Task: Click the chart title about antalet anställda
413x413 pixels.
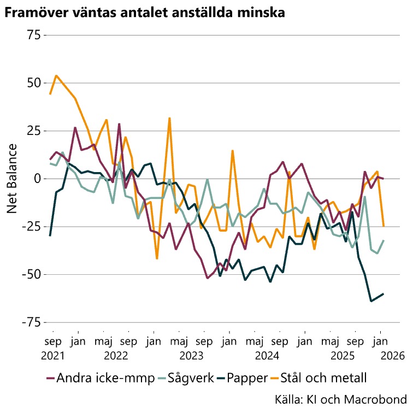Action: click(144, 12)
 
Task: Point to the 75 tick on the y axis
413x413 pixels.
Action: click(34, 35)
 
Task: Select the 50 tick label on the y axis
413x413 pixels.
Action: click(34, 83)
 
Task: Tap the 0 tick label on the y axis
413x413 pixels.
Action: click(37, 179)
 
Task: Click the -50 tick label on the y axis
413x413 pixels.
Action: click(31, 274)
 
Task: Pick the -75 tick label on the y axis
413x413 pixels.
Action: click(31, 322)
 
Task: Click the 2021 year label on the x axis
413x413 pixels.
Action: click(53, 356)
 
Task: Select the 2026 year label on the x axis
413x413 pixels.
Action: click(393, 356)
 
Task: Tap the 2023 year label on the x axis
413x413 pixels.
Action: click(204, 356)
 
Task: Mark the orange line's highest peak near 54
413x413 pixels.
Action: click(56, 75)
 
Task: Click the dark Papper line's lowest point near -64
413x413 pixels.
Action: click(371, 301)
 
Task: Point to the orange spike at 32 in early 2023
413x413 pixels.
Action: click(170, 118)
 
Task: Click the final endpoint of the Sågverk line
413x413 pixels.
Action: click(383, 240)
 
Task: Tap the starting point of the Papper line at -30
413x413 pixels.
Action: click(50, 235)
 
